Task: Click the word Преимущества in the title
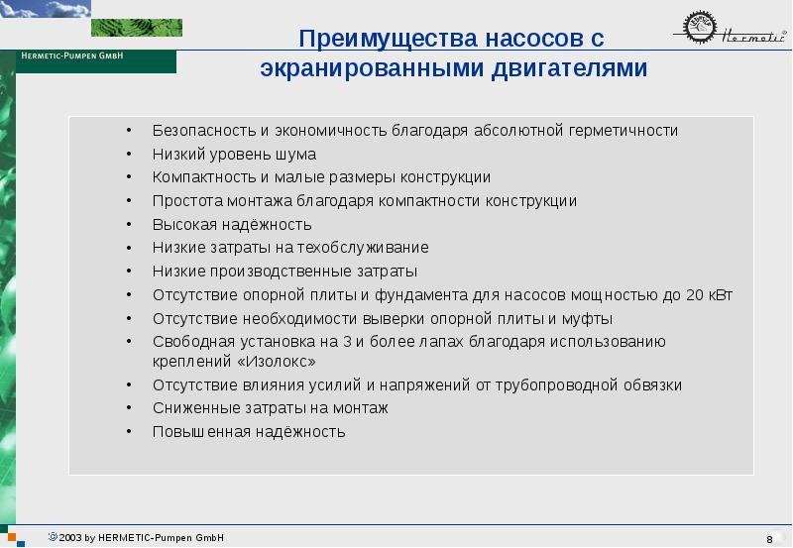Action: click(388, 39)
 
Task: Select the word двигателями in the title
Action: click(569, 68)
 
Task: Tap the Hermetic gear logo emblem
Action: click(700, 28)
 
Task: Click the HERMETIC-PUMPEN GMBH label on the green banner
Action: click(72, 55)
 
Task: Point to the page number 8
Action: click(769, 539)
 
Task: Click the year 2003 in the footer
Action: click(69, 538)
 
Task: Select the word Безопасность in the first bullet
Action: click(204, 131)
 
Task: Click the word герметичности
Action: click(623, 131)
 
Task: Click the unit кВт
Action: click(721, 294)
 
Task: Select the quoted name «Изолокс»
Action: click(277, 362)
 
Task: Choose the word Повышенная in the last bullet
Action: click(201, 432)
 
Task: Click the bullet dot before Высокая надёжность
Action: click(130, 224)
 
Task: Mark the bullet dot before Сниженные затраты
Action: click(130, 407)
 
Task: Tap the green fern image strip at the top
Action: click(137, 28)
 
